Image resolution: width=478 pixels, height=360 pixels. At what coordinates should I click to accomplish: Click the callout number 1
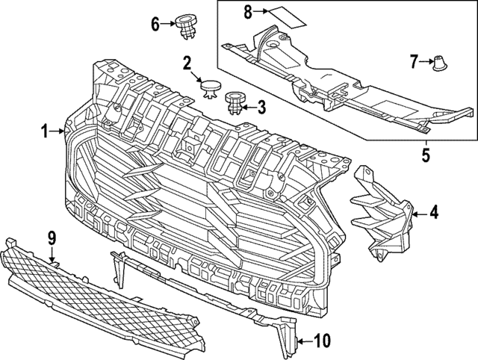45,131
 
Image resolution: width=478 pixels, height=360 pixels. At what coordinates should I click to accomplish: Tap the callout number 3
261,108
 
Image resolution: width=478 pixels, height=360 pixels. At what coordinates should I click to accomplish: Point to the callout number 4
433,214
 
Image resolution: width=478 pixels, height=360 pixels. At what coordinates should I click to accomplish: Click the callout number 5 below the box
425,157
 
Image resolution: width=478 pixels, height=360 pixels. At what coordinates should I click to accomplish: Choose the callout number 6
156,24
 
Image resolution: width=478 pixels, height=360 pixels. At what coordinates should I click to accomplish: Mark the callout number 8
249,11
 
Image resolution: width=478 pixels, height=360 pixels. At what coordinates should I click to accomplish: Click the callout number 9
52,238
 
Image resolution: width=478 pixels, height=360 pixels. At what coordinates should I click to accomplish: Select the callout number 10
321,341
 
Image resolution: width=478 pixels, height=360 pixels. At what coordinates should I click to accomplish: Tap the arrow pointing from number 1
60,131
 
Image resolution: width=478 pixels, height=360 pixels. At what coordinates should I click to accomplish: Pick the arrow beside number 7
427,62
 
